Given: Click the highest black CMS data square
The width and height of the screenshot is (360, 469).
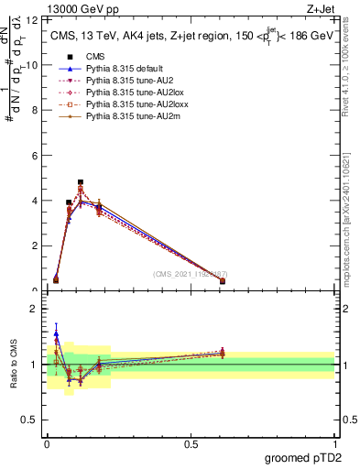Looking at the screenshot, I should [81, 182].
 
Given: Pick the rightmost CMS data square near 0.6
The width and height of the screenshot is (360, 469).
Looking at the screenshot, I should [223, 281].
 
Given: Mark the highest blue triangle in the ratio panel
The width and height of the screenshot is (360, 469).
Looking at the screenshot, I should [57, 334].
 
